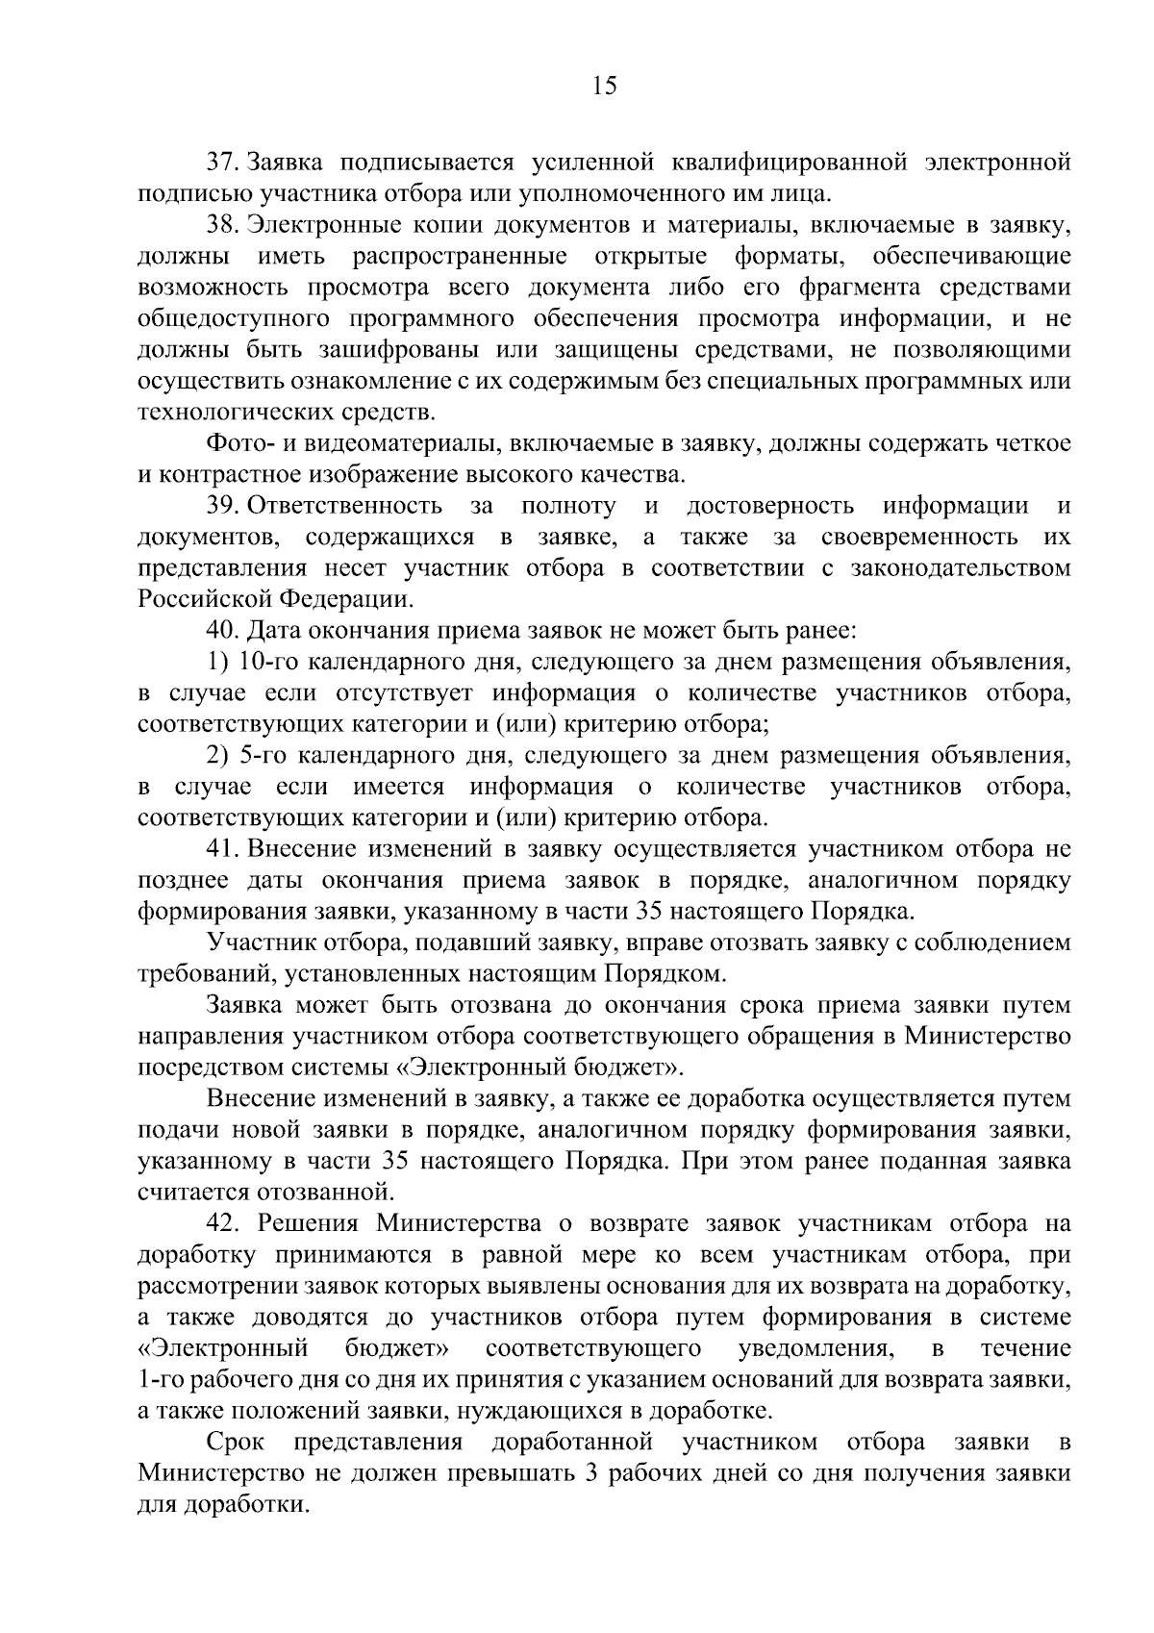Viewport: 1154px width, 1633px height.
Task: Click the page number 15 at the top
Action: click(x=605, y=86)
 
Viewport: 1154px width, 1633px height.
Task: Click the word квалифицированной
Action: click(x=762, y=162)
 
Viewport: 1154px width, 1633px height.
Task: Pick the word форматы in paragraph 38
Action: click(x=790, y=257)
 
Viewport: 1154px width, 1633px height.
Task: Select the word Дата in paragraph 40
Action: click(x=273, y=631)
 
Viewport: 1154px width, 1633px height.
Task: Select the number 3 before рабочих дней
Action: click(x=592, y=1473)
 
